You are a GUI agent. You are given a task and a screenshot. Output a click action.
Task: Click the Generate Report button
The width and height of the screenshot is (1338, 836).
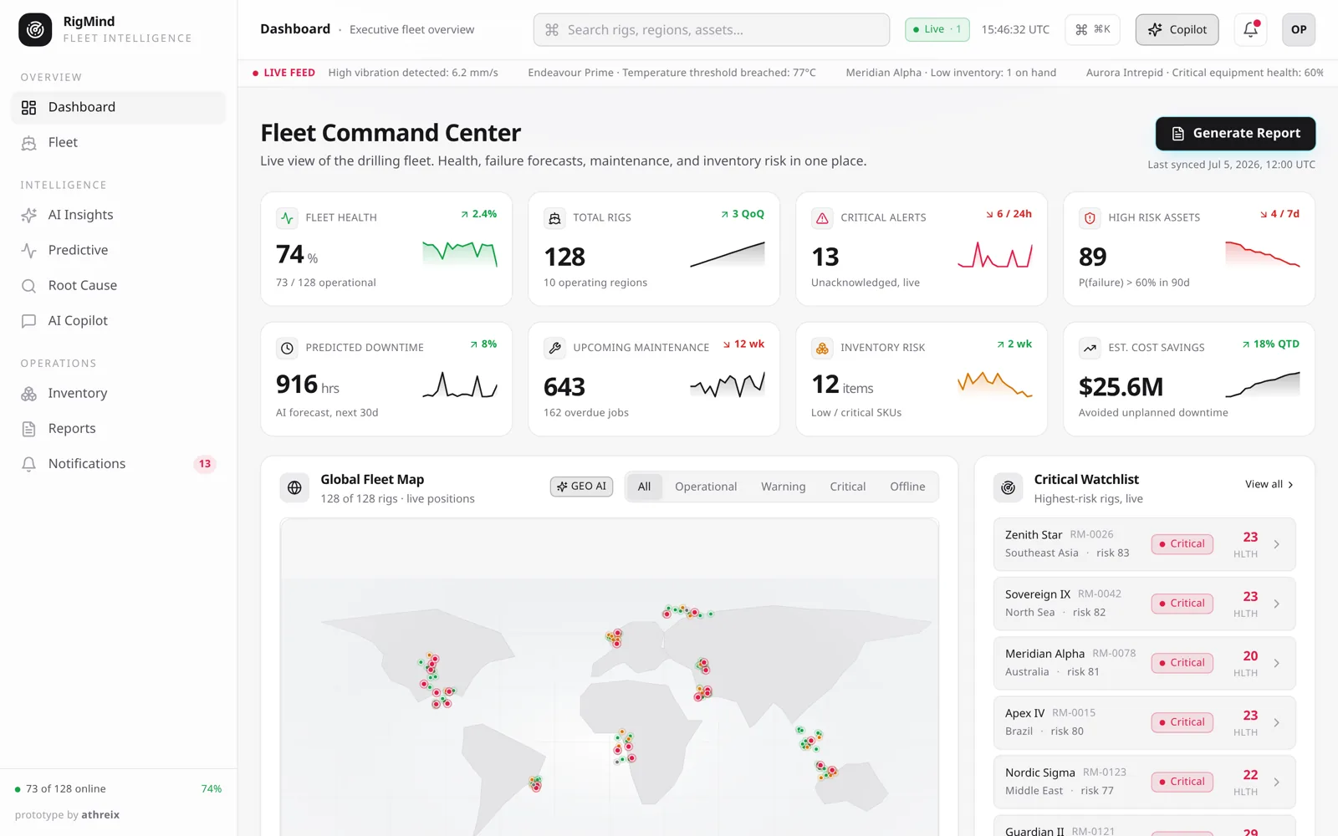click(x=1235, y=133)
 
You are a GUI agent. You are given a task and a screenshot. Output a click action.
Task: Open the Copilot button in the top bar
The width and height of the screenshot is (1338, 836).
click(x=1177, y=29)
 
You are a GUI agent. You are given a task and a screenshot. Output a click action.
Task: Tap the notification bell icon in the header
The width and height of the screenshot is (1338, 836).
click(x=1250, y=29)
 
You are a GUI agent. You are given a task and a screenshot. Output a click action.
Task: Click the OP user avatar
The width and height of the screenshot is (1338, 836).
click(x=1299, y=29)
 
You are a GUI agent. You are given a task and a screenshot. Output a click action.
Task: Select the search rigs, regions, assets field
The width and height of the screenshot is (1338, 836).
click(x=712, y=29)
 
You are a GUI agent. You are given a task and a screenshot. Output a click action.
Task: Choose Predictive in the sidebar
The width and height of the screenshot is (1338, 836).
click(x=78, y=250)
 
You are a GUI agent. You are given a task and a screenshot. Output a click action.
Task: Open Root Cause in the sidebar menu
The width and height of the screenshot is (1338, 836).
click(x=83, y=285)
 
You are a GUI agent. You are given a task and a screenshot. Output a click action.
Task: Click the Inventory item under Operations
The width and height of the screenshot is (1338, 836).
click(x=78, y=393)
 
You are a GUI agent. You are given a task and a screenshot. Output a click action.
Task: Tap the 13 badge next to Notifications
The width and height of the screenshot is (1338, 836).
click(x=204, y=463)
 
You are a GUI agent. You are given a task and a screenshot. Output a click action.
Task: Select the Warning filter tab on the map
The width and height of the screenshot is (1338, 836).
click(x=783, y=486)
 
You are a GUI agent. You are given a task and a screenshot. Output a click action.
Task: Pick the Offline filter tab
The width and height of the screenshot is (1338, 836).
click(x=907, y=486)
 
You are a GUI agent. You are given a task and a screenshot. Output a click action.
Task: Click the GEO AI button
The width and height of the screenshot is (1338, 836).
click(x=581, y=486)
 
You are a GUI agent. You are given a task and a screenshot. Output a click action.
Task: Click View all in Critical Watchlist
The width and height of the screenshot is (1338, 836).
click(x=1269, y=484)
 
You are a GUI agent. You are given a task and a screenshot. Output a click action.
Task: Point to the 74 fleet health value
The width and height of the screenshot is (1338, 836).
click(x=289, y=254)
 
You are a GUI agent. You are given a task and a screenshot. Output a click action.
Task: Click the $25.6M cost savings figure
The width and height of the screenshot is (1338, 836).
click(x=1121, y=386)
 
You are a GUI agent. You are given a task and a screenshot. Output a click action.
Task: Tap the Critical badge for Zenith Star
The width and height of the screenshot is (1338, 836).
click(x=1182, y=544)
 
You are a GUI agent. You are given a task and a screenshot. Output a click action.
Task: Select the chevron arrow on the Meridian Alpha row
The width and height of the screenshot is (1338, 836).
click(x=1276, y=664)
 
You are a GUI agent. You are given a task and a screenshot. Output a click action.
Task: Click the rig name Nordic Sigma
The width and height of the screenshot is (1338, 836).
click(x=1040, y=772)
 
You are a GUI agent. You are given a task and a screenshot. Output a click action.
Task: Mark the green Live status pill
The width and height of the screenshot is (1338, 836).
click(x=937, y=29)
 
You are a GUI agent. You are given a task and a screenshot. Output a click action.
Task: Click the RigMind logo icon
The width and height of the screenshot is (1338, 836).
click(x=34, y=29)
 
